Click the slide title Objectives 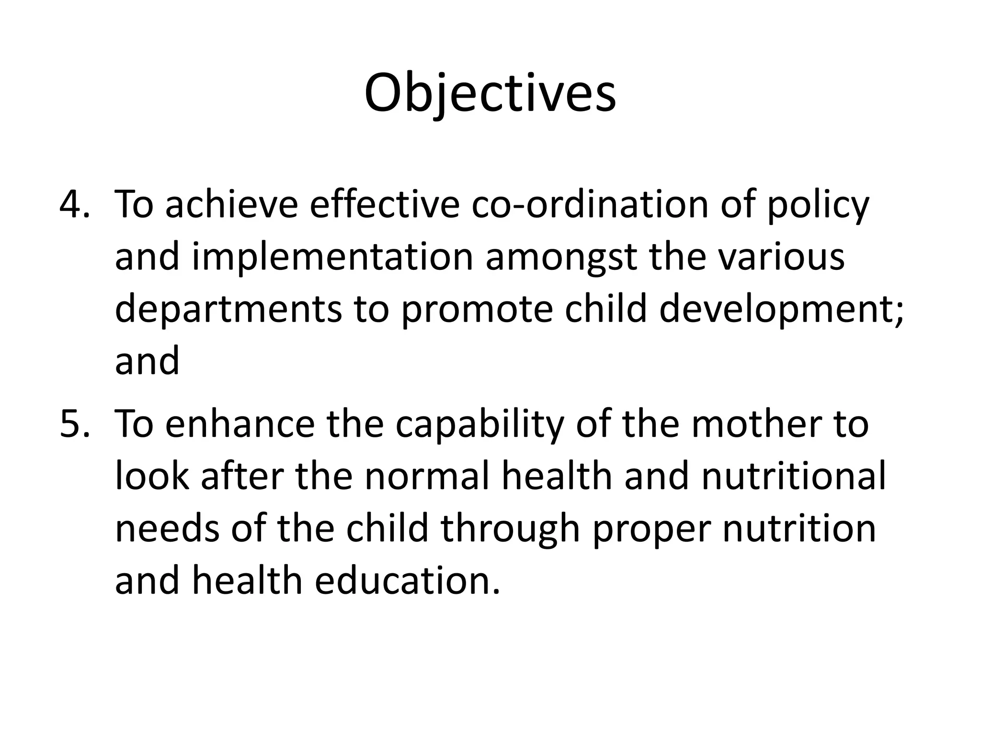[x=490, y=93]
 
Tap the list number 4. [x=74, y=204]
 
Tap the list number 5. [x=74, y=424]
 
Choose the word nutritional [x=793, y=477]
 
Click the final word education [x=407, y=581]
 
